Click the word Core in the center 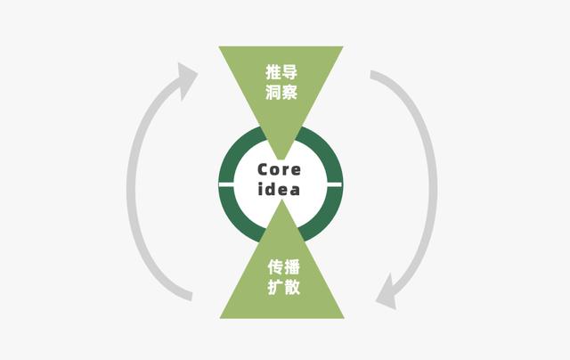[279, 169]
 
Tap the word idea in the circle [279, 189]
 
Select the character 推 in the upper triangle [273, 71]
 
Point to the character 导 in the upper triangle [289, 71]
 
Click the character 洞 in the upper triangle [273, 92]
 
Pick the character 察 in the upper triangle [289, 92]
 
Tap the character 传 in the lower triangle [275, 267]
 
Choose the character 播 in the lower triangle [292, 267]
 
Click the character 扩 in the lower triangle [275, 287]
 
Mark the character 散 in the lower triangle [292, 287]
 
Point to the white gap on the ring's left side [226, 184]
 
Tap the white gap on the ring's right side [335, 184]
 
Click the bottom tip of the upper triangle [281, 160]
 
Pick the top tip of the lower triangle [281, 200]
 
